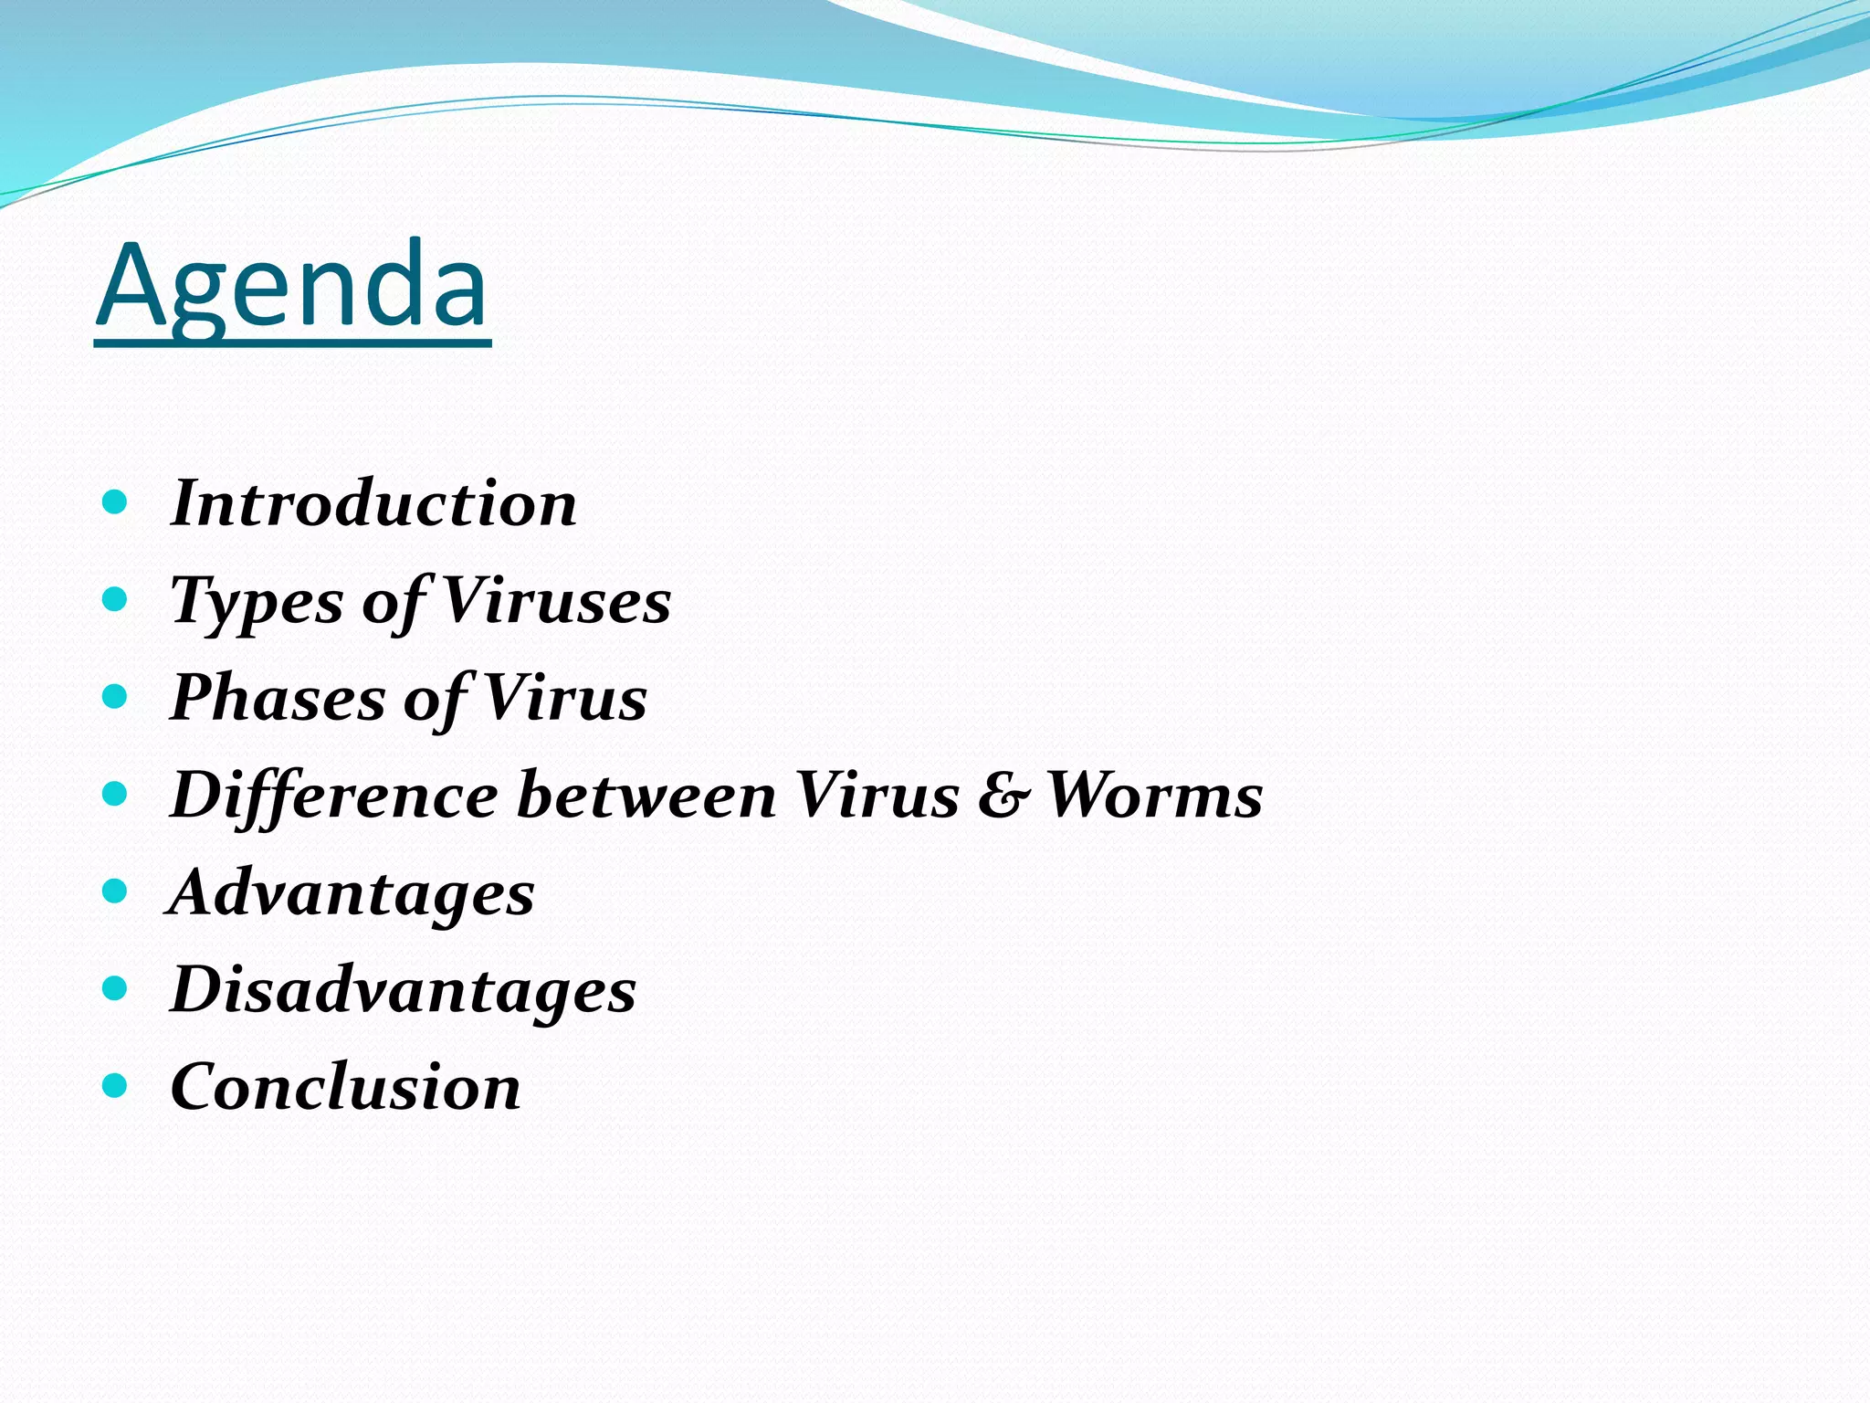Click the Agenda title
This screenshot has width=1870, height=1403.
point(292,285)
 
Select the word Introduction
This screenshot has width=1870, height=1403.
point(374,503)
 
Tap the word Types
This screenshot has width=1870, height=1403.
point(257,602)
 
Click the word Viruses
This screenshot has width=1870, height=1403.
point(556,601)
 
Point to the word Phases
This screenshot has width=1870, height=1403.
point(278,699)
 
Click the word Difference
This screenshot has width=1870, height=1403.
point(334,796)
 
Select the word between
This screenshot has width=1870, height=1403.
point(646,796)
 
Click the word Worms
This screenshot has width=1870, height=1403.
point(1155,796)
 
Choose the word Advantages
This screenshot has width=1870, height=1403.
point(352,893)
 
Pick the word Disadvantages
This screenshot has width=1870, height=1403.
point(404,991)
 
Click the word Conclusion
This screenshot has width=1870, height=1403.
point(346,1088)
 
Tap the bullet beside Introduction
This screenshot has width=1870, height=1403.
point(114,502)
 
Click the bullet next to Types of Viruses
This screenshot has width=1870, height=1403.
point(114,599)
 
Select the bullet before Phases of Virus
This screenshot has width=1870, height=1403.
point(114,697)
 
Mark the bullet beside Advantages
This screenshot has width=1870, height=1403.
point(114,891)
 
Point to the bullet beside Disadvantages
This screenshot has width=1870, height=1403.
point(114,988)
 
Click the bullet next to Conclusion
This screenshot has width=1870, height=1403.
point(114,1086)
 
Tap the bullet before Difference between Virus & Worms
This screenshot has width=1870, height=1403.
point(114,794)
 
